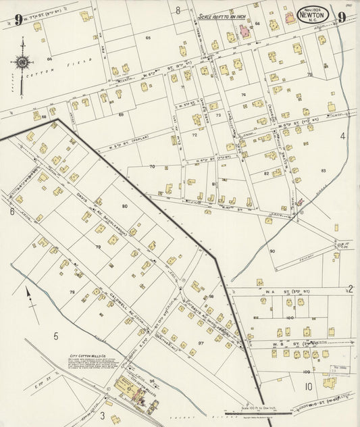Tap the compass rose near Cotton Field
[x=22, y=63]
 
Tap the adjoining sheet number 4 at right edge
[x=342, y=136]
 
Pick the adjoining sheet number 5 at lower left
[x=56, y=335]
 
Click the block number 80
[x=124, y=205]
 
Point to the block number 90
[x=272, y=251]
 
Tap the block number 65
[x=147, y=38]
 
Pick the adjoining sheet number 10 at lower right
[x=308, y=386]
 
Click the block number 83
[x=324, y=170]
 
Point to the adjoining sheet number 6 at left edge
[x=12, y=211]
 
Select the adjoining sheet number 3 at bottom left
[x=102, y=414]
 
